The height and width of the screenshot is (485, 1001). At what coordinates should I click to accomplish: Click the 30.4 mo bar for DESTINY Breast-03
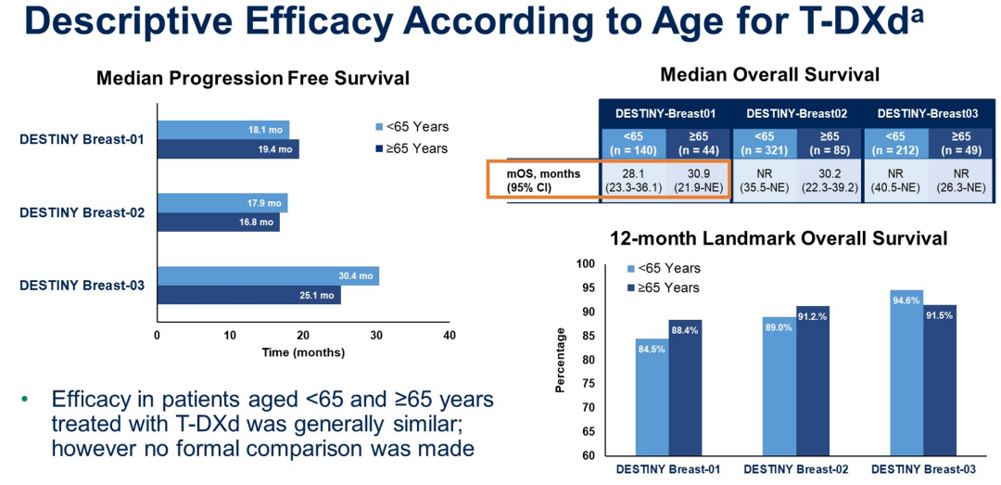(x=268, y=276)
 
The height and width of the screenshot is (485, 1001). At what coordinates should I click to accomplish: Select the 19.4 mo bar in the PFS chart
(x=228, y=149)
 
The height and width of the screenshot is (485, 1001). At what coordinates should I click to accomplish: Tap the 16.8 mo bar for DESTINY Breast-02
(x=218, y=223)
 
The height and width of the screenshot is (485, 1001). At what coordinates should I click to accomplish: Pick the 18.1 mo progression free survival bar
(x=223, y=130)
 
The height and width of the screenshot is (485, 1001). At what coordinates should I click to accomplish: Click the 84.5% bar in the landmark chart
(x=651, y=399)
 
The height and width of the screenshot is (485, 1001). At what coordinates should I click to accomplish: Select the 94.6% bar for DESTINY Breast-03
(x=895, y=374)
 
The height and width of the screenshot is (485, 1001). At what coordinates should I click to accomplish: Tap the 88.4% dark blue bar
(x=685, y=389)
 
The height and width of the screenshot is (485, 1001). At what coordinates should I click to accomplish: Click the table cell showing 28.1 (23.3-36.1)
(x=632, y=179)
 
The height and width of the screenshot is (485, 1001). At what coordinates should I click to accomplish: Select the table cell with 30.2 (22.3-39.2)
(x=830, y=179)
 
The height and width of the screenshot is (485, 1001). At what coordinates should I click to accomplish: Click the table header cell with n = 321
(x=764, y=143)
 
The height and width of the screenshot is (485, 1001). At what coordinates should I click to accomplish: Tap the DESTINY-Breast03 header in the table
(x=928, y=113)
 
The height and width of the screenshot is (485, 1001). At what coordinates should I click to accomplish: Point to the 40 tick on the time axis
(x=450, y=335)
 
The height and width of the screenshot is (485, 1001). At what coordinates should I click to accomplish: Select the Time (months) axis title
(x=303, y=352)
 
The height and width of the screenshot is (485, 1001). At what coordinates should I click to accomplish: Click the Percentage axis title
(x=560, y=360)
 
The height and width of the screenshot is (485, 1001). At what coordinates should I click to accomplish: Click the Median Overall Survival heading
(x=769, y=74)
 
